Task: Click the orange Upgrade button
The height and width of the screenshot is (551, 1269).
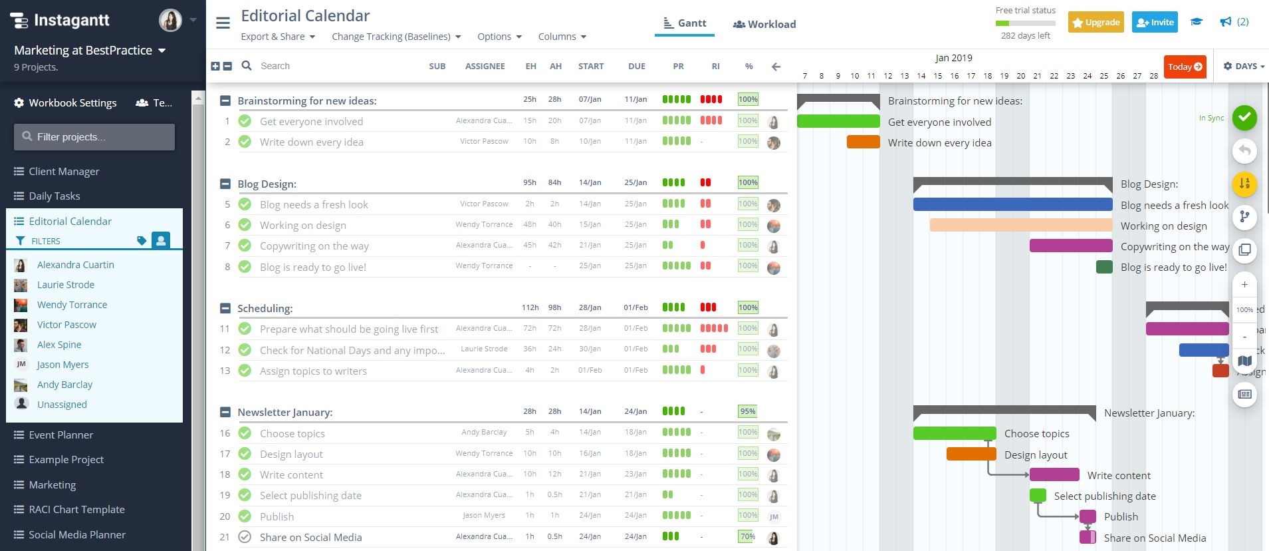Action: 1096,22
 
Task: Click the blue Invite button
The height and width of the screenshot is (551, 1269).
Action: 1155,22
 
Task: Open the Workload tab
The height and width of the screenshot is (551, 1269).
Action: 764,24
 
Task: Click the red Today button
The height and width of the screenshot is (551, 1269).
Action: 1185,67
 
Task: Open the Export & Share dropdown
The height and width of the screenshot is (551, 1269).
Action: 277,37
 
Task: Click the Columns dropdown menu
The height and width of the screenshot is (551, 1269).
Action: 562,37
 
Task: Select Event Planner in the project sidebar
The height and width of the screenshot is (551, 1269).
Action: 60,435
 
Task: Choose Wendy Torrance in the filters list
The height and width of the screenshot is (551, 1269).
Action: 72,305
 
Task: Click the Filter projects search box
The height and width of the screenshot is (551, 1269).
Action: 94,136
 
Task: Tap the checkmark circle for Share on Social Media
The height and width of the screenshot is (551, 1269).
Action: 245,537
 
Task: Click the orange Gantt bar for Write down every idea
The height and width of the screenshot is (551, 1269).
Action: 863,142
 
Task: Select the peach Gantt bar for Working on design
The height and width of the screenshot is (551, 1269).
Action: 1020,226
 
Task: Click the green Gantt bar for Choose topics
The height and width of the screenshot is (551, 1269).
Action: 954,433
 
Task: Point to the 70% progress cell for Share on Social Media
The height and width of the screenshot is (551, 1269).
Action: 747,536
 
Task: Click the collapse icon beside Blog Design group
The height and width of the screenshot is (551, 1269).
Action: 225,184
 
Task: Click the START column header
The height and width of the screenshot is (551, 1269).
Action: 590,67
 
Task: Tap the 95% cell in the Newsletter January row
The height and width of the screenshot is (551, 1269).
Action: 747,411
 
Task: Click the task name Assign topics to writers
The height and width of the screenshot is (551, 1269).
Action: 313,371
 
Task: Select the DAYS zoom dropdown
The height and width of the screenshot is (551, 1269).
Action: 1244,67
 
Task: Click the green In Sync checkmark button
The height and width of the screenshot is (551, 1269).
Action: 1244,118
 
